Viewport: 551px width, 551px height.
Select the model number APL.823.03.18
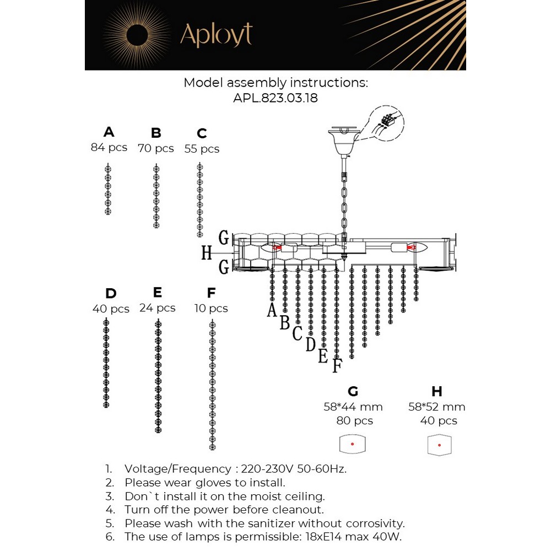(x=275, y=98)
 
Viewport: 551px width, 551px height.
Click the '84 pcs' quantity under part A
(x=109, y=148)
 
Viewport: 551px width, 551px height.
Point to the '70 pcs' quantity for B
(x=156, y=148)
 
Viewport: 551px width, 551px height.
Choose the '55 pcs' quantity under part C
(x=202, y=149)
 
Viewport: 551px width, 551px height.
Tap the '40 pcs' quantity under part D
(x=111, y=309)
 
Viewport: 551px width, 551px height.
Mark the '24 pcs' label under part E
(x=158, y=308)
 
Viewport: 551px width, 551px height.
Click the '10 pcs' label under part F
(x=211, y=309)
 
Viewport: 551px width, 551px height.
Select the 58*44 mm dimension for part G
(x=353, y=407)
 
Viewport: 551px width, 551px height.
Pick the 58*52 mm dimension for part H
(x=437, y=407)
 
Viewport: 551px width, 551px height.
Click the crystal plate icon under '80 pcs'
(x=353, y=444)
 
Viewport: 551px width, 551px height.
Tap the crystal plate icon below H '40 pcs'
(x=439, y=445)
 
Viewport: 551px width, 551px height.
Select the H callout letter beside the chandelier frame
(x=207, y=253)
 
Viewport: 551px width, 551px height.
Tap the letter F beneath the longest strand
(x=337, y=365)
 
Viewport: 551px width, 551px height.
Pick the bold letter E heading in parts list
(x=158, y=292)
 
